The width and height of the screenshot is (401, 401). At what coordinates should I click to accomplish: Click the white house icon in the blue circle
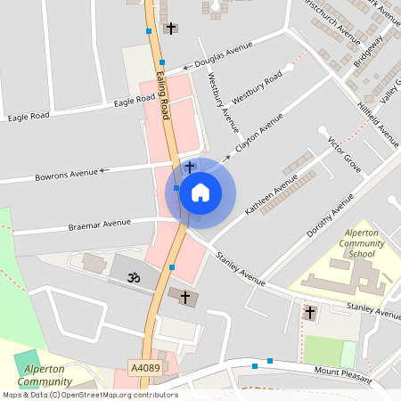(x=200, y=192)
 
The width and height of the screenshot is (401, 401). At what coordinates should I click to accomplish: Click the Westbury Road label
(x=257, y=86)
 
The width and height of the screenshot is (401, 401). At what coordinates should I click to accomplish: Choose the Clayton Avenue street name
(x=259, y=133)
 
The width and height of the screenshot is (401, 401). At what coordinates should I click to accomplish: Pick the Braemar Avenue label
(x=99, y=224)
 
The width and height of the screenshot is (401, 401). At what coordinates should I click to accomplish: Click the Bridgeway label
(x=367, y=56)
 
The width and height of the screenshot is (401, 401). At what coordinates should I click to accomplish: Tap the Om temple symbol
(x=133, y=278)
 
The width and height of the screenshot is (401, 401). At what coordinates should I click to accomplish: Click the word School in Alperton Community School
(x=362, y=254)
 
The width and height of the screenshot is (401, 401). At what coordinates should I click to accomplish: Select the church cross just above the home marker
(x=189, y=167)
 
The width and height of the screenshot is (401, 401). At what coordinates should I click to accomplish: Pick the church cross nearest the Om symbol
(x=185, y=296)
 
